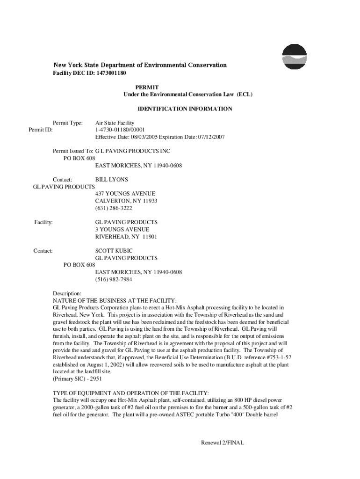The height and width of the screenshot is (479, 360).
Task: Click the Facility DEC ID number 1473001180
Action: (111, 73)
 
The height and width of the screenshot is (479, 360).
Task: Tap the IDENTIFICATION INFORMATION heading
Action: (185, 109)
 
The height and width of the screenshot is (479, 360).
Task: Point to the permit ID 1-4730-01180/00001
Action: (120, 130)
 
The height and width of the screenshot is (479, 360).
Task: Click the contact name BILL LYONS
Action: (111, 179)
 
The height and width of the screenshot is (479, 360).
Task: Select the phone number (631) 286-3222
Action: (114, 208)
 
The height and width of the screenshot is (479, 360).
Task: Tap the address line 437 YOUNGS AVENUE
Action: (125, 194)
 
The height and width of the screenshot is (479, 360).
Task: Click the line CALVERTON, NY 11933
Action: (126, 201)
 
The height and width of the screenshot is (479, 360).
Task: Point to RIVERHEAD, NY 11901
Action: (126, 237)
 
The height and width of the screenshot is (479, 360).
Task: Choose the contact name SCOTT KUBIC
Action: (114, 251)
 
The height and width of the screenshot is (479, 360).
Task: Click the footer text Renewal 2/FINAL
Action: (223, 443)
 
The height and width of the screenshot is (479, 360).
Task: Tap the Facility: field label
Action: (43, 222)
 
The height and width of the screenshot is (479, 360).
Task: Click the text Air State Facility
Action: (115, 123)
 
